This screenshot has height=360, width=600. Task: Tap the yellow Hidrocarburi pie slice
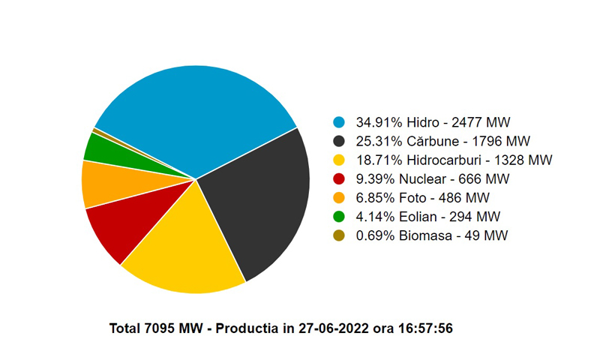tap(187, 247)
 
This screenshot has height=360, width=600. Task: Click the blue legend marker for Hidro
tap(339, 121)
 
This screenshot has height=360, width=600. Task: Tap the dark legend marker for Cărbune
tap(339, 141)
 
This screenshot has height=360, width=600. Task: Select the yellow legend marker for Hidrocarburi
tap(339, 160)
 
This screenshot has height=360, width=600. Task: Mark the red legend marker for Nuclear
tap(339, 179)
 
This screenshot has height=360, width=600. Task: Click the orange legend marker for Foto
tap(339, 198)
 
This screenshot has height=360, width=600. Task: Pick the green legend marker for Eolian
tap(339, 217)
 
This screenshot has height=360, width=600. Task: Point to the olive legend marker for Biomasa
tap(339, 236)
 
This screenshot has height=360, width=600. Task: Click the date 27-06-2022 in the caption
tap(332, 328)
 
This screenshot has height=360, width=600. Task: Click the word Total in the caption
tap(125, 328)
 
